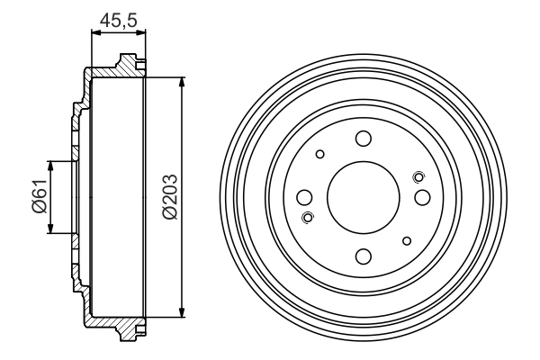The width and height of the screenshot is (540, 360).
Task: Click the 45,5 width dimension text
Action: point(117,18)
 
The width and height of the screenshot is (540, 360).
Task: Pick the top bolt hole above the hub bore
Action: point(364,139)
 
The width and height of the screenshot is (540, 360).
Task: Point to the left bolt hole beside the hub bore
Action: point(305,197)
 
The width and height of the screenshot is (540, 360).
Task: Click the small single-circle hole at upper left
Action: point(319,154)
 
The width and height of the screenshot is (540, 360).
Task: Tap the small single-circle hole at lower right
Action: point(408,240)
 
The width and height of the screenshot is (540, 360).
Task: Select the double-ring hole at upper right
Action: point(418,176)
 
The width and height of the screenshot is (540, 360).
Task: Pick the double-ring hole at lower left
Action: point(309,217)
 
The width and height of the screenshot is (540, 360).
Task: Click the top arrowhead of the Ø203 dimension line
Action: point(184,83)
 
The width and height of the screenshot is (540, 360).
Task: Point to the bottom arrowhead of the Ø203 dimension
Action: point(184,311)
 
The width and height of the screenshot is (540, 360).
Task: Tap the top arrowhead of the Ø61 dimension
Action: point(50,166)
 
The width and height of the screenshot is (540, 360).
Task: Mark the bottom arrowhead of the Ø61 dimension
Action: point(50,228)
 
